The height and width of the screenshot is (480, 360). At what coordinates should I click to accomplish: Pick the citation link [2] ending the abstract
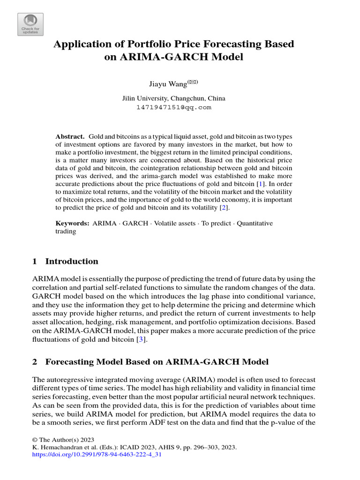pos(225,207)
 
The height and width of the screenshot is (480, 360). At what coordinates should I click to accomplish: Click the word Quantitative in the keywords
pos(254,223)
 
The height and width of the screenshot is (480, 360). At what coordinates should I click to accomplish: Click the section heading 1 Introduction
pos(65,262)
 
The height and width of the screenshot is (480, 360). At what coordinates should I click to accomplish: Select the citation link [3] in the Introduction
pos(139,339)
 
